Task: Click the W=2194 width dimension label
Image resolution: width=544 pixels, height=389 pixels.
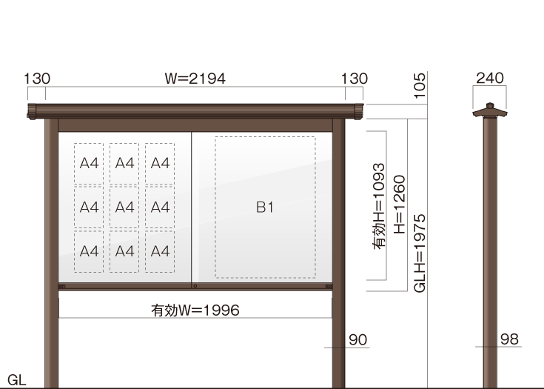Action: (x=195, y=79)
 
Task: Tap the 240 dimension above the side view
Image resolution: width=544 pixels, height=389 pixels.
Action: (x=489, y=78)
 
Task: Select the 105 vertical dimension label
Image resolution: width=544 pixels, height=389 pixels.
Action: (x=420, y=85)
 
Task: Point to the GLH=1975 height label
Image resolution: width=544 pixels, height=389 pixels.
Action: (x=420, y=253)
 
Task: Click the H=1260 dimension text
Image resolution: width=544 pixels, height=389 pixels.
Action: (x=400, y=205)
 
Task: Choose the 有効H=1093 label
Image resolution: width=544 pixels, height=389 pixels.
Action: (x=379, y=206)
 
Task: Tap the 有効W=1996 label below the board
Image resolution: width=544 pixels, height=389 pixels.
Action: (x=195, y=310)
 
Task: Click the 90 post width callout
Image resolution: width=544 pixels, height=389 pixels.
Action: (x=357, y=339)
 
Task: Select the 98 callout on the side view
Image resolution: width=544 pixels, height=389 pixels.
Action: (x=509, y=339)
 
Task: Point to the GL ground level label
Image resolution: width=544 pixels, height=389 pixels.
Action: (x=16, y=380)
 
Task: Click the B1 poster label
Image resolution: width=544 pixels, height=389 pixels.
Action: (x=265, y=207)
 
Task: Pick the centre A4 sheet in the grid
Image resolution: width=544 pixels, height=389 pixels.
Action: (x=124, y=207)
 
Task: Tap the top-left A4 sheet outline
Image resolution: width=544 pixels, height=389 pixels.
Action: (x=89, y=163)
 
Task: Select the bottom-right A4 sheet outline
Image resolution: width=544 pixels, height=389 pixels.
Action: (x=160, y=251)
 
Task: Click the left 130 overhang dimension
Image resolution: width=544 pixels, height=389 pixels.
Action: (x=37, y=79)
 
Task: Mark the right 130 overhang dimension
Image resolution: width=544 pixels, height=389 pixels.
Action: (x=355, y=79)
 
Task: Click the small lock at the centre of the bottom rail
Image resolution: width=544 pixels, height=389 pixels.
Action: (x=195, y=286)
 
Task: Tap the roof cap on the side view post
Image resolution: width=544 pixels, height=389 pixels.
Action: (x=490, y=110)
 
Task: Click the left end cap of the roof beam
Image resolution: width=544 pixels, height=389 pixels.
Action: (x=32, y=111)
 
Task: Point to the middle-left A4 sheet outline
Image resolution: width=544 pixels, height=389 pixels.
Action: (x=89, y=207)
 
